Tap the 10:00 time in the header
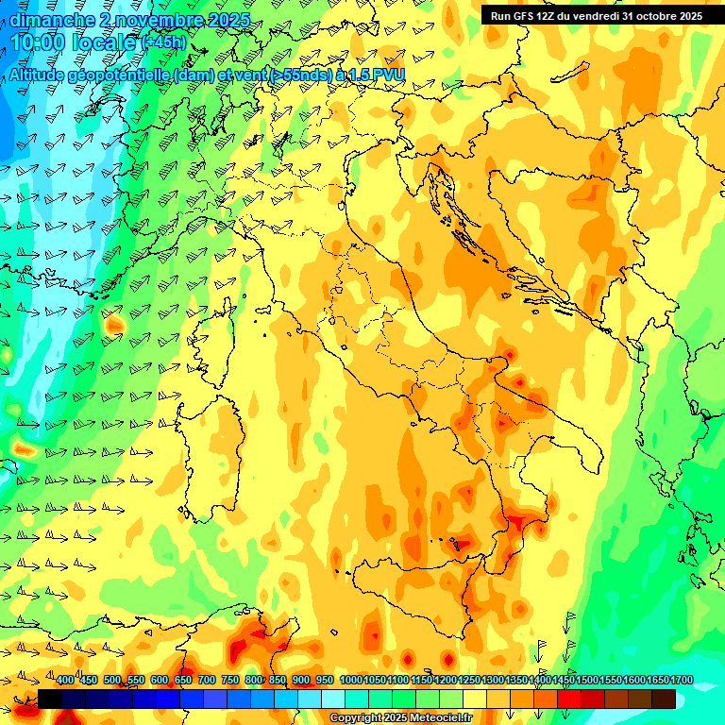point(38,42)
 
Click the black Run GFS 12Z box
point(596,15)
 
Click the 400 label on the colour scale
point(65,681)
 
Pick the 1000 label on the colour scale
point(351,681)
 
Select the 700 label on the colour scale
point(207,681)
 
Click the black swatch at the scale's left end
point(50,699)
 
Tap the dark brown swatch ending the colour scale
point(663,699)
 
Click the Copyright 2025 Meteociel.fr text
point(400,718)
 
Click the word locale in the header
point(110,42)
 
